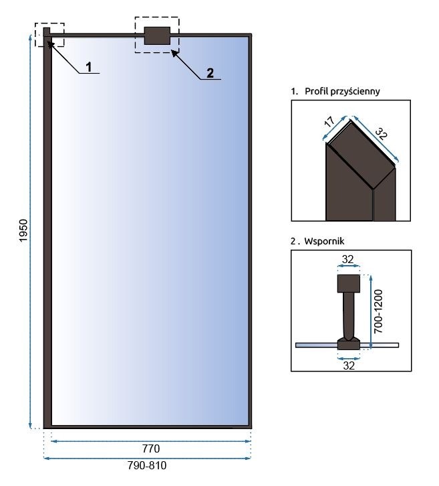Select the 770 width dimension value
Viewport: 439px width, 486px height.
tap(150, 448)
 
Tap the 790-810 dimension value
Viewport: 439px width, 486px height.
tap(147, 467)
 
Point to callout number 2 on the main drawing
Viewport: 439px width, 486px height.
tap(210, 73)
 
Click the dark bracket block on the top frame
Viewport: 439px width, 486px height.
tap(157, 35)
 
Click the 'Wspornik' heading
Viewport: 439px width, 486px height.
tap(321, 239)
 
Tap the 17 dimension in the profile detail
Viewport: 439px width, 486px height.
tap(329, 123)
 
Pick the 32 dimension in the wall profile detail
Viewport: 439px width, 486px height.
tap(382, 132)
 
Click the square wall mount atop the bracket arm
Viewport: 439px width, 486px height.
tap(348, 284)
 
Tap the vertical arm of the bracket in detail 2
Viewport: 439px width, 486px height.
tap(348, 315)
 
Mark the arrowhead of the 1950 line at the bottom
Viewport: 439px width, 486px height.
tap(31, 426)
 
